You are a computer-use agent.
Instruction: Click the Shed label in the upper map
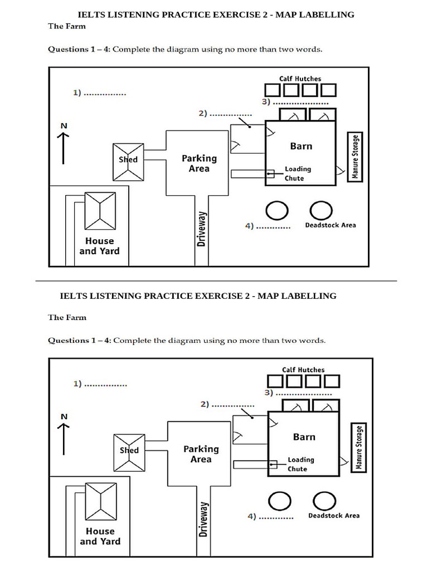click(128, 159)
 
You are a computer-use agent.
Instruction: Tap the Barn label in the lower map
click(304, 437)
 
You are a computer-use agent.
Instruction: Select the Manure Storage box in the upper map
click(354, 157)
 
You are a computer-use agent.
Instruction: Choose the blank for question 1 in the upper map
click(105, 94)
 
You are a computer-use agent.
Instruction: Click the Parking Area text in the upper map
click(199, 163)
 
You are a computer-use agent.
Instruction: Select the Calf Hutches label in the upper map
click(300, 79)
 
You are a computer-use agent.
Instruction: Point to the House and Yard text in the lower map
click(100, 536)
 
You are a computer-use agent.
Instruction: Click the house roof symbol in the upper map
click(100, 211)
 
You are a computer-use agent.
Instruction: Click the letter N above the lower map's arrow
click(64, 416)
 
